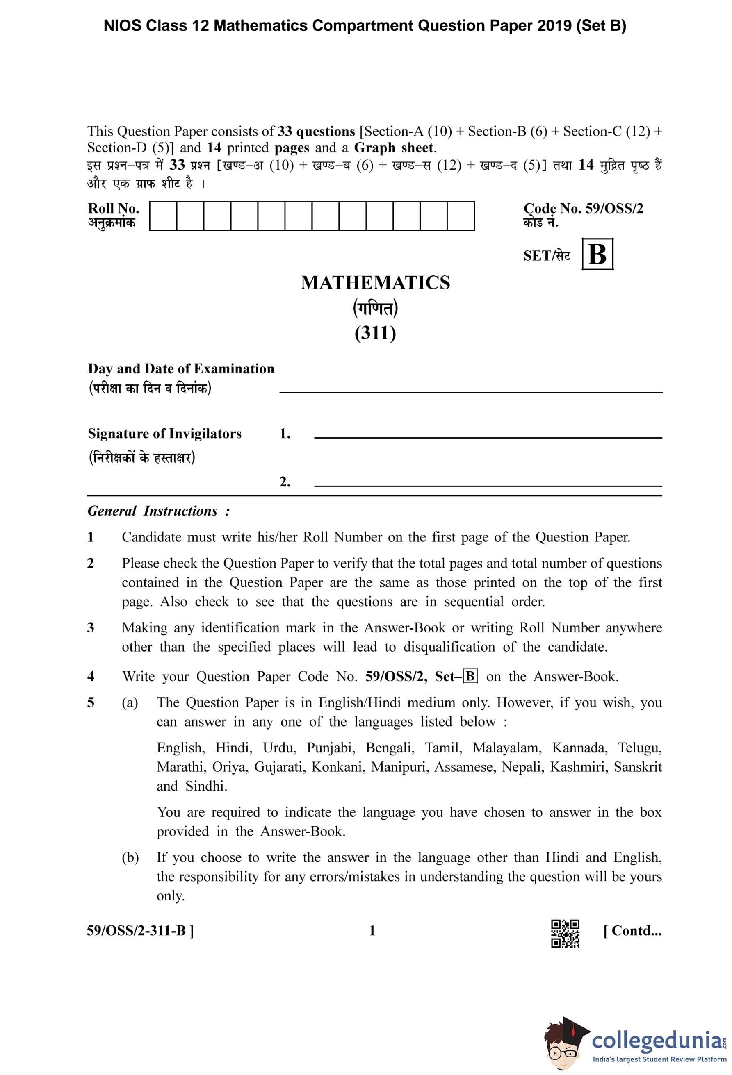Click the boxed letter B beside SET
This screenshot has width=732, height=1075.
point(597,254)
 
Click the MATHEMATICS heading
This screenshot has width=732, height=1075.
point(375,283)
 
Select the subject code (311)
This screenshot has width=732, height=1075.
point(375,333)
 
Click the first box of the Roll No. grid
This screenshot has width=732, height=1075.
point(163,216)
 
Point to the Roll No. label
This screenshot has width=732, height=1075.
point(113,209)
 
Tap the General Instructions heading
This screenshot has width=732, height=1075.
point(158,511)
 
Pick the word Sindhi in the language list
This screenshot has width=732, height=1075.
point(206,786)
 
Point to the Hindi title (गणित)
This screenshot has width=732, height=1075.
point(375,308)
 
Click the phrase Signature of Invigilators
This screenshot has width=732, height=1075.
point(165,434)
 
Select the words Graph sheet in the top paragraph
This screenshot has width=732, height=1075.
point(394,148)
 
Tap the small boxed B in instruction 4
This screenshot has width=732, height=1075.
point(470,676)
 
